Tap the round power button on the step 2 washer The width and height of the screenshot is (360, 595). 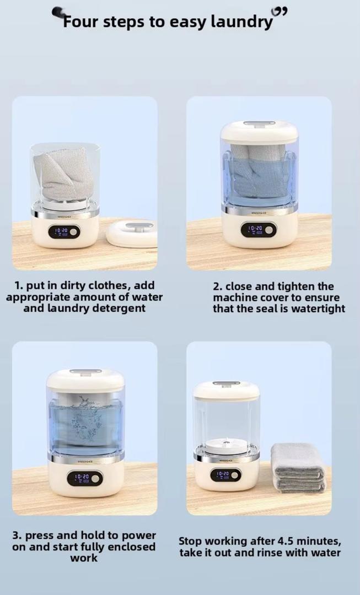coord(269,230)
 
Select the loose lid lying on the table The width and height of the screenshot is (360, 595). coord(132,234)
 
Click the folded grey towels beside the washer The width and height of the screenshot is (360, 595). coord(298,468)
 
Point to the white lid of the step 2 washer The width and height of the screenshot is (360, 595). coord(259,132)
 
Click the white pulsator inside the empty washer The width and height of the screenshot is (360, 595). coord(227,445)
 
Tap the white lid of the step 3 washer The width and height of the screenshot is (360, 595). coord(85,380)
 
